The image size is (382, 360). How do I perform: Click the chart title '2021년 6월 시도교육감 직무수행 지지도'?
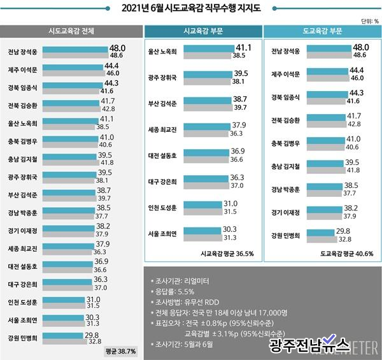click(191, 8)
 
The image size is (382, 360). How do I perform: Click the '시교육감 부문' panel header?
click(201, 31)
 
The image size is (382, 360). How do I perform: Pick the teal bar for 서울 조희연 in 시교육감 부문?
click(200, 229)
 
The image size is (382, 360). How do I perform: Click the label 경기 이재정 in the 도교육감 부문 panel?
click(284, 211)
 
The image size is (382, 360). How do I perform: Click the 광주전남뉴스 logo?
click(309, 345)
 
